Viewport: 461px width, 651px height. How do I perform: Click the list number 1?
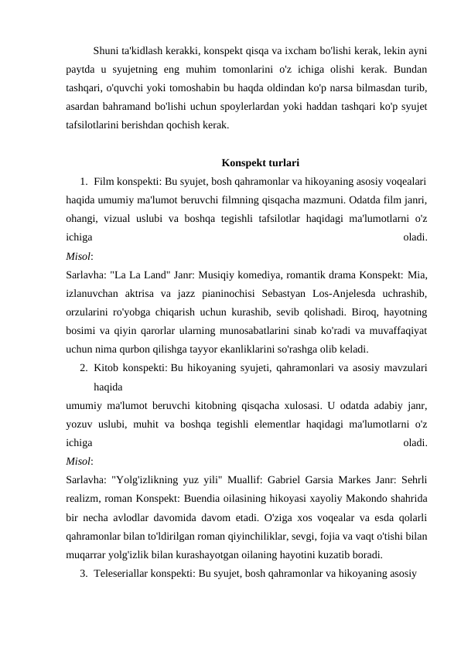[x=83, y=181]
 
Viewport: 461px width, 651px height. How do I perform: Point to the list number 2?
[x=83, y=368]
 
